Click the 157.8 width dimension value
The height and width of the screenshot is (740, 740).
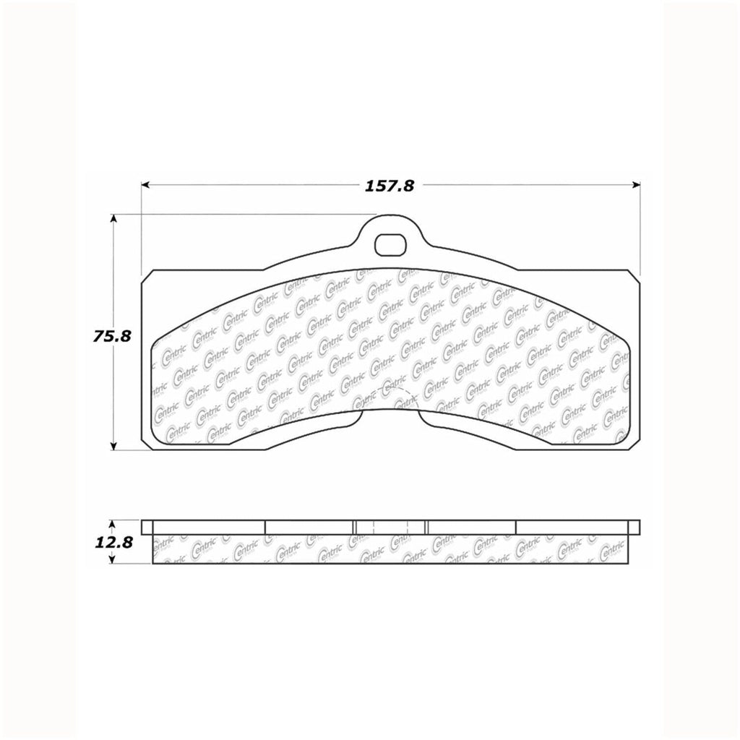tap(390, 186)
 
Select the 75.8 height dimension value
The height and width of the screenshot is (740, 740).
tap(111, 335)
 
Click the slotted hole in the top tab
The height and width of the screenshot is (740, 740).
tap(390, 244)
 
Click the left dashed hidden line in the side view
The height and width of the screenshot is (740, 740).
tap(371, 527)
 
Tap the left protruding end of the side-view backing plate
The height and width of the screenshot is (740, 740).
tap(147, 527)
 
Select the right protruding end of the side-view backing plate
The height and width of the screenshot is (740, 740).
tap(634, 527)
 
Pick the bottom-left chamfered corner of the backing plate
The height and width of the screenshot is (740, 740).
tap(147, 444)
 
